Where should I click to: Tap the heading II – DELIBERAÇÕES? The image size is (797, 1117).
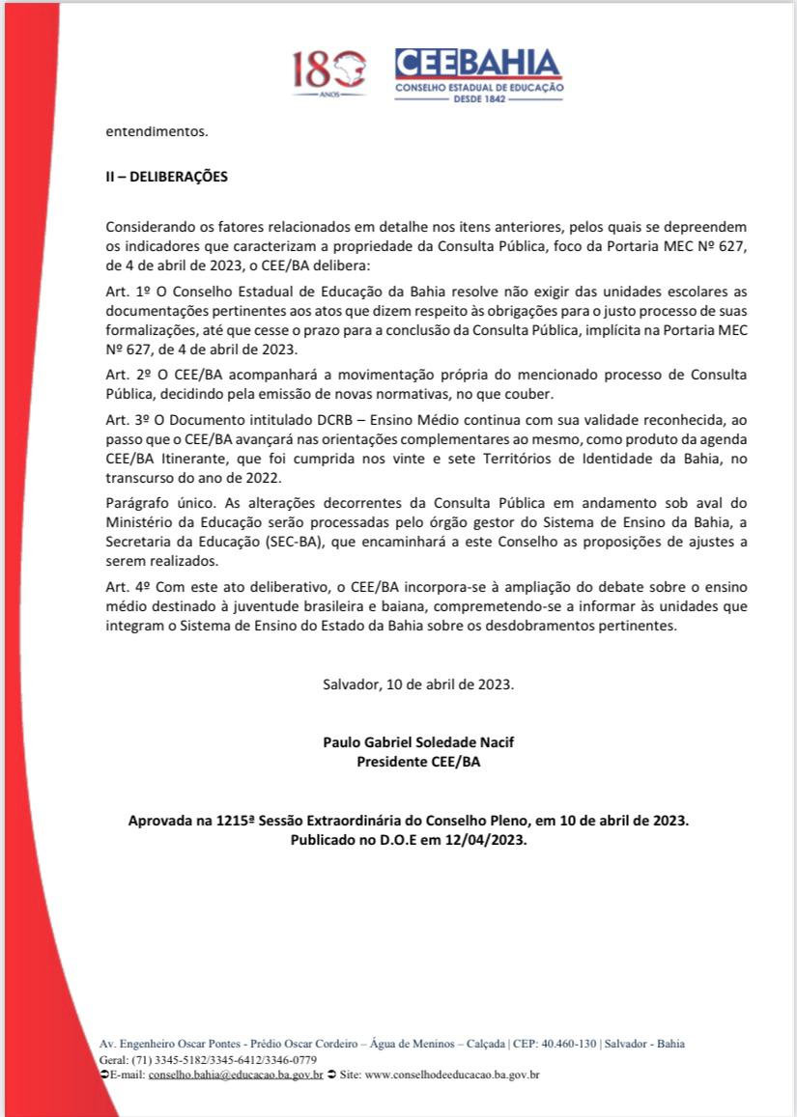point(166,178)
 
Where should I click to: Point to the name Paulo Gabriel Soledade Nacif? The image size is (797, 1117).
point(418,742)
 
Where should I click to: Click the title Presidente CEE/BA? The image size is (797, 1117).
point(418,762)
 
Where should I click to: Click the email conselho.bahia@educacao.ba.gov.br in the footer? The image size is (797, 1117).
point(236,1074)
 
